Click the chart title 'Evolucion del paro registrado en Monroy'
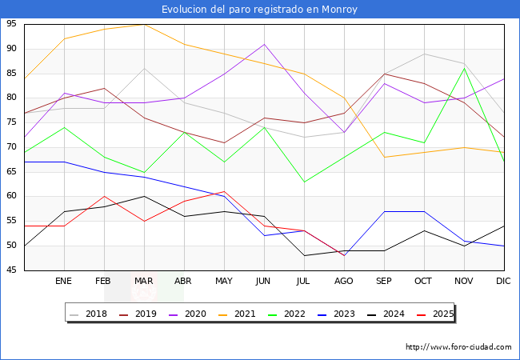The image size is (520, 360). (x=259, y=10)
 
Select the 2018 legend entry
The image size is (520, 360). (x=88, y=314)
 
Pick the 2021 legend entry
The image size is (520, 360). (x=237, y=314)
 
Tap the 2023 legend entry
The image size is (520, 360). (x=336, y=314)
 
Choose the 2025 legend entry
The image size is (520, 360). (x=435, y=314)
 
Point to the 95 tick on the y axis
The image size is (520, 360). (x=11, y=24)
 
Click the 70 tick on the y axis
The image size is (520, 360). (x=11, y=147)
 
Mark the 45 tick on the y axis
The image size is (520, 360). (x=11, y=270)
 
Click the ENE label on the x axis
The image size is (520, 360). (x=63, y=281)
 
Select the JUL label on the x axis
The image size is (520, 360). (x=303, y=281)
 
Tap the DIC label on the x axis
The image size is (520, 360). (x=503, y=281)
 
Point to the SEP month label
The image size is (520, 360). (x=384, y=281)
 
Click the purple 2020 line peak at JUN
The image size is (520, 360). (x=264, y=44)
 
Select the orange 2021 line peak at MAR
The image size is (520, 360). (x=144, y=25)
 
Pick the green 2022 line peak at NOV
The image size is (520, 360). (x=464, y=68)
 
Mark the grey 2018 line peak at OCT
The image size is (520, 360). (x=424, y=54)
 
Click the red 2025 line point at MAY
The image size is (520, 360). (x=225, y=191)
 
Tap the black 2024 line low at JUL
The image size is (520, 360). (x=305, y=255)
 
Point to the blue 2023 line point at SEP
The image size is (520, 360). (x=384, y=211)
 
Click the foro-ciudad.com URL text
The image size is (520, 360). (x=458, y=347)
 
